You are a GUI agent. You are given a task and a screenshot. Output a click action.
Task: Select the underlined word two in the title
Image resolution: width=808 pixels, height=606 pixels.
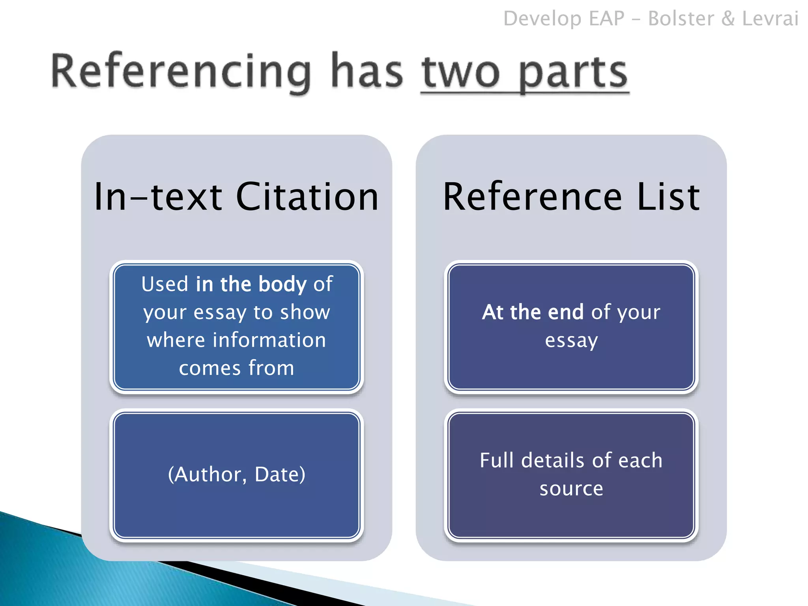(461, 73)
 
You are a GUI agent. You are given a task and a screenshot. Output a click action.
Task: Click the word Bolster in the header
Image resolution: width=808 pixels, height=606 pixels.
(681, 19)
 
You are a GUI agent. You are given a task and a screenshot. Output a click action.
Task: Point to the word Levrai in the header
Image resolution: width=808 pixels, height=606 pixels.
(770, 19)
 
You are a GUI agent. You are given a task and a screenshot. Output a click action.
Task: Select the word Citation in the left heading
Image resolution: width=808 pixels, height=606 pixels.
(307, 197)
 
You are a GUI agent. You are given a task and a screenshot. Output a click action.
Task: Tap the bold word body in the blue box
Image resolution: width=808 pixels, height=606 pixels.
(282, 284)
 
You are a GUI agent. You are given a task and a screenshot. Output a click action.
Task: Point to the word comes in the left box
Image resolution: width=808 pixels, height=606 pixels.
(209, 368)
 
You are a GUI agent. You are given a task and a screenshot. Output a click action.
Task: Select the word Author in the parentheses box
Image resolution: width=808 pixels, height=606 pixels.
(208, 474)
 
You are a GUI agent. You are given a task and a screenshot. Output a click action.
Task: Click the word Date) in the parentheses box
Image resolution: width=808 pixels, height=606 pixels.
(280, 474)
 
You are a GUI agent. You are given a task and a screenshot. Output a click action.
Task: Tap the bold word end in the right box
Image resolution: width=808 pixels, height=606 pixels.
(565, 312)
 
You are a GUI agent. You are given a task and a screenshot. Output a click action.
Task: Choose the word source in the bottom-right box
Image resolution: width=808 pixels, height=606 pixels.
(571, 489)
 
